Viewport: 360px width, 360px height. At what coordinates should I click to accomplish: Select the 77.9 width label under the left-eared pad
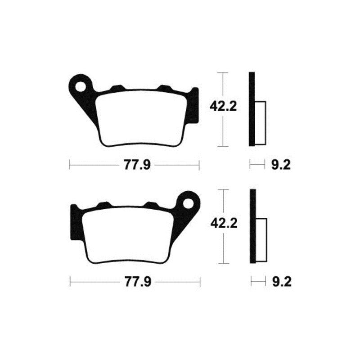[134, 165]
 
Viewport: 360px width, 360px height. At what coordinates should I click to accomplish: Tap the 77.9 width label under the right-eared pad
[134, 282]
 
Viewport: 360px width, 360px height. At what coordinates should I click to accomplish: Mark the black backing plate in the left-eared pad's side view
[252, 109]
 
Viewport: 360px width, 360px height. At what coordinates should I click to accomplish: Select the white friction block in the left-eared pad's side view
[261, 123]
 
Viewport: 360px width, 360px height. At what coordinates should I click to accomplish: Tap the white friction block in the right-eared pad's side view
[261, 240]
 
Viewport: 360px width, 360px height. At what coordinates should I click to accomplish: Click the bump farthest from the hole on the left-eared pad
[165, 87]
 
